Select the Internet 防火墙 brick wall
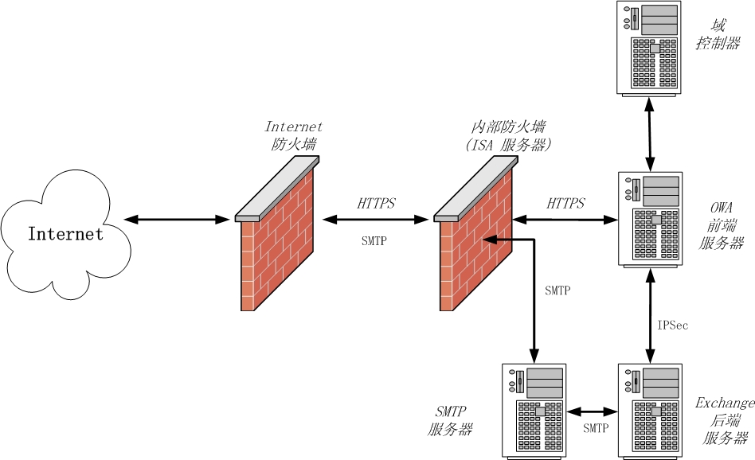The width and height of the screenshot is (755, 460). [x=275, y=255]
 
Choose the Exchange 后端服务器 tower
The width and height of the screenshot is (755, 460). [x=651, y=410]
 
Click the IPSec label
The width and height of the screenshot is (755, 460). [x=673, y=326]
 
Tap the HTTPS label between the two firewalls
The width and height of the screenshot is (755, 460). [x=376, y=204]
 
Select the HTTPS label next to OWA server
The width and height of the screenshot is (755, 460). [x=565, y=204]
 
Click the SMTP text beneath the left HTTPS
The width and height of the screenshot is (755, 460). [x=374, y=240]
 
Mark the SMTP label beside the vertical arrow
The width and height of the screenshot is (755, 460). [x=557, y=290]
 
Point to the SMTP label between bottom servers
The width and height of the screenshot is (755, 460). [x=596, y=428]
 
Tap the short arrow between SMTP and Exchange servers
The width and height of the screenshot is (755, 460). [x=593, y=411]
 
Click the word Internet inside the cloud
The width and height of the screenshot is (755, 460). [x=65, y=234]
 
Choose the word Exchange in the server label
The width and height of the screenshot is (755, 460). [x=724, y=403]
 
